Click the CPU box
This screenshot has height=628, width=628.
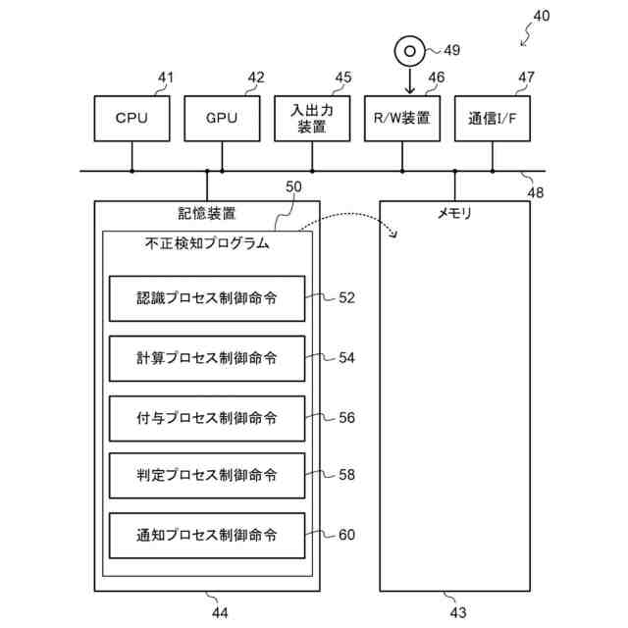[x=131, y=119]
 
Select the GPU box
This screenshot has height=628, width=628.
[x=222, y=119]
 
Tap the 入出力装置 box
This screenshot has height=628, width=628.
[x=312, y=119]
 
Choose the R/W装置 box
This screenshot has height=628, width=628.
[x=402, y=119]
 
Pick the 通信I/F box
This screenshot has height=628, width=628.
[x=493, y=119]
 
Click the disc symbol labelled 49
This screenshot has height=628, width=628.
[x=409, y=51]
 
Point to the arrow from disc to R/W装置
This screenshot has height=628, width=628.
[x=409, y=81]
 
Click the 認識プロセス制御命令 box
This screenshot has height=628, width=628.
[x=207, y=298]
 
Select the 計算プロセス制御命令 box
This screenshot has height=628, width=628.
[x=207, y=358]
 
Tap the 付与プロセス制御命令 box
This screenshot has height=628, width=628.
[x=207, y=419]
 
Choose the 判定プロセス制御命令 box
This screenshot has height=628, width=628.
[x=207, y=476]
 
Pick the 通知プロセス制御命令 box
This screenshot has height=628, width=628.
[x=207, y=536]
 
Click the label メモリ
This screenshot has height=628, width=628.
[x=454, y=214]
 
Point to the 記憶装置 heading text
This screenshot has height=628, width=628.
[x=207, y=214]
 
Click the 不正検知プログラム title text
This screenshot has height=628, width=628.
[x=207, y=243]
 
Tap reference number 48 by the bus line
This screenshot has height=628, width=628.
[x=536, y=193]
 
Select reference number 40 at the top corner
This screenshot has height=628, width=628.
[x=542, y=16]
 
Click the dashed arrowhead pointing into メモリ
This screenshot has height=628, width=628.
[x=394, y=234]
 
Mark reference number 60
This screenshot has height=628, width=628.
[x=346, y=535]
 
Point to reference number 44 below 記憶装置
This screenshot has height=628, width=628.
[x=220, y=612]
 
